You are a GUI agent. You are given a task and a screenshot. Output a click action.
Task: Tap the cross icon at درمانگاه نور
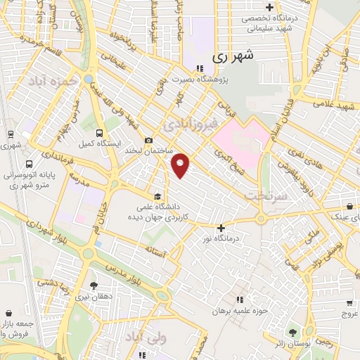pyautogui.click(x=221, y=228)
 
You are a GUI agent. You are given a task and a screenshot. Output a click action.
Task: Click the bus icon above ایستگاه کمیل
pyautogui.click(x=99, y=133)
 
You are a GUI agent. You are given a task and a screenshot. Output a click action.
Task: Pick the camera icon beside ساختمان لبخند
pyautogui.click(x=148, y=140)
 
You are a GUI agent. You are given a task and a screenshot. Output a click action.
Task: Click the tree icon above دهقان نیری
pyautogui.click(x=94, y=285)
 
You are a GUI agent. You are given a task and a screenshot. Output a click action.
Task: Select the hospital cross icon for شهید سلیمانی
pyautogui.click(x=269, y=6)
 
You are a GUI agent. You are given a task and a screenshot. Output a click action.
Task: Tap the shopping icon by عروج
pyautogui.click(x=349, y=303)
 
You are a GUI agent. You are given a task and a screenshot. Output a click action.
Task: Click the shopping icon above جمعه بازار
pyautogui.click(x=8, y=312)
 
